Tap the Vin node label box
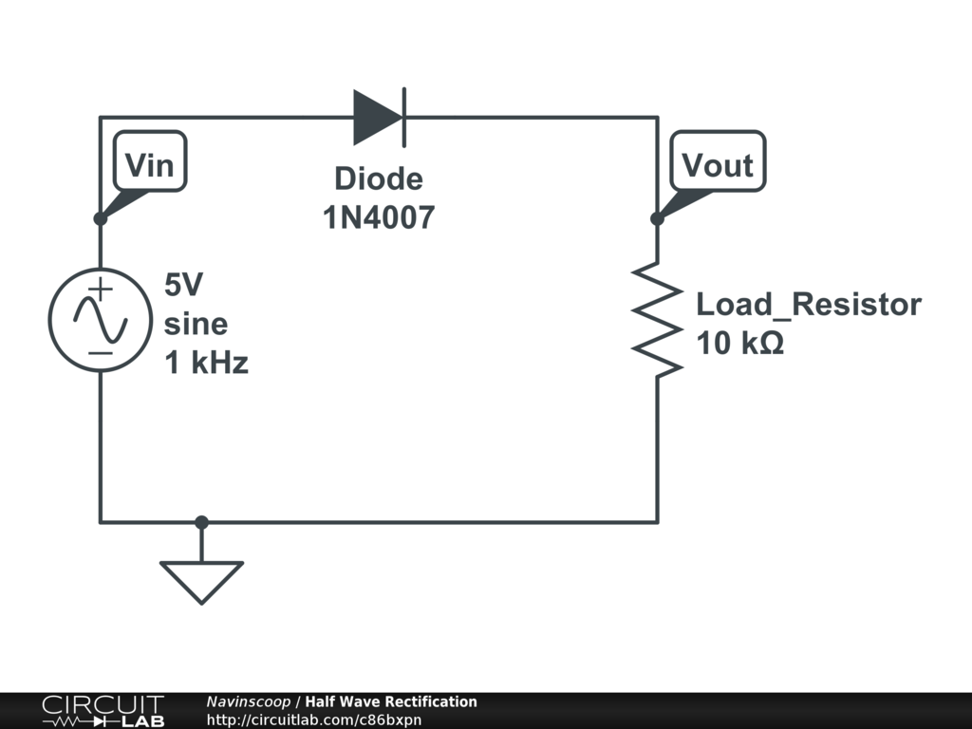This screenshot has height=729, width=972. point(150,165)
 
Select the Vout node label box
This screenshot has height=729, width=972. point(718,165)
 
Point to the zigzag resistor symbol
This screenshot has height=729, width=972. point(657,320)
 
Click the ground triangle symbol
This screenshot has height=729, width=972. point(201,579)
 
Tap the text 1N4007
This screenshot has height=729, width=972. point(379,218)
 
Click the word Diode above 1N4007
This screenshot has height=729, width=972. point(379,178)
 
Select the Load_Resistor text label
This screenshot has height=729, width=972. point(809,305)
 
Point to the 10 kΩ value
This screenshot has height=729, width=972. point(740,344)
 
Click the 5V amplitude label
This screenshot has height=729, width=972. point(184,285)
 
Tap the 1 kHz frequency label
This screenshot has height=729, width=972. point(207,363)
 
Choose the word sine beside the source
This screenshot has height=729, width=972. point(196,324)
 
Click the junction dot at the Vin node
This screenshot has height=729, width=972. point(101,218)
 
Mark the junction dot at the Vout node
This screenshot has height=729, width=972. point(657,218)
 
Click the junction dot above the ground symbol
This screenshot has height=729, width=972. point(201,522)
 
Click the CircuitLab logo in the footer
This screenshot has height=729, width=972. point(103,711)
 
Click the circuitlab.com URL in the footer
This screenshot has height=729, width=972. point(314,720)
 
